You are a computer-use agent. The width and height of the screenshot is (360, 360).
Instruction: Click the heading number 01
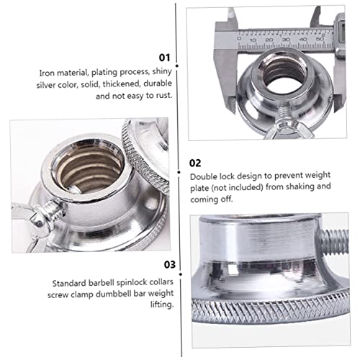point(164,58)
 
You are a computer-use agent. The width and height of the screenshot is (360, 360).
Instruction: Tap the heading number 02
point(195,163)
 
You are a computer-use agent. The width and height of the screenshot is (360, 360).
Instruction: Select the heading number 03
point(170,264)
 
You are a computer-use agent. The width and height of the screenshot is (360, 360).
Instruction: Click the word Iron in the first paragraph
point(45,73)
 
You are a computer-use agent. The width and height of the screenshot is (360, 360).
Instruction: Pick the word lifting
point(162,305)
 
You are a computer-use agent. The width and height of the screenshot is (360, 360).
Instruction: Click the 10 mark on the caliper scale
point(253,40)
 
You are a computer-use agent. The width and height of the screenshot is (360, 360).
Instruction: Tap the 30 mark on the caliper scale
point(286,40)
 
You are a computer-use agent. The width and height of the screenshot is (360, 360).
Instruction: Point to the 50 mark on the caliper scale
point(320,39)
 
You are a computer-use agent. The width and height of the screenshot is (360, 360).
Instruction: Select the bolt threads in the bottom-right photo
point(333,242)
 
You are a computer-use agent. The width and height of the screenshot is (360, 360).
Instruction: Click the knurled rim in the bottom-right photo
point(270,311)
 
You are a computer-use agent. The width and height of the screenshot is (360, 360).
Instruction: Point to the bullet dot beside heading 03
point(181,274)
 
